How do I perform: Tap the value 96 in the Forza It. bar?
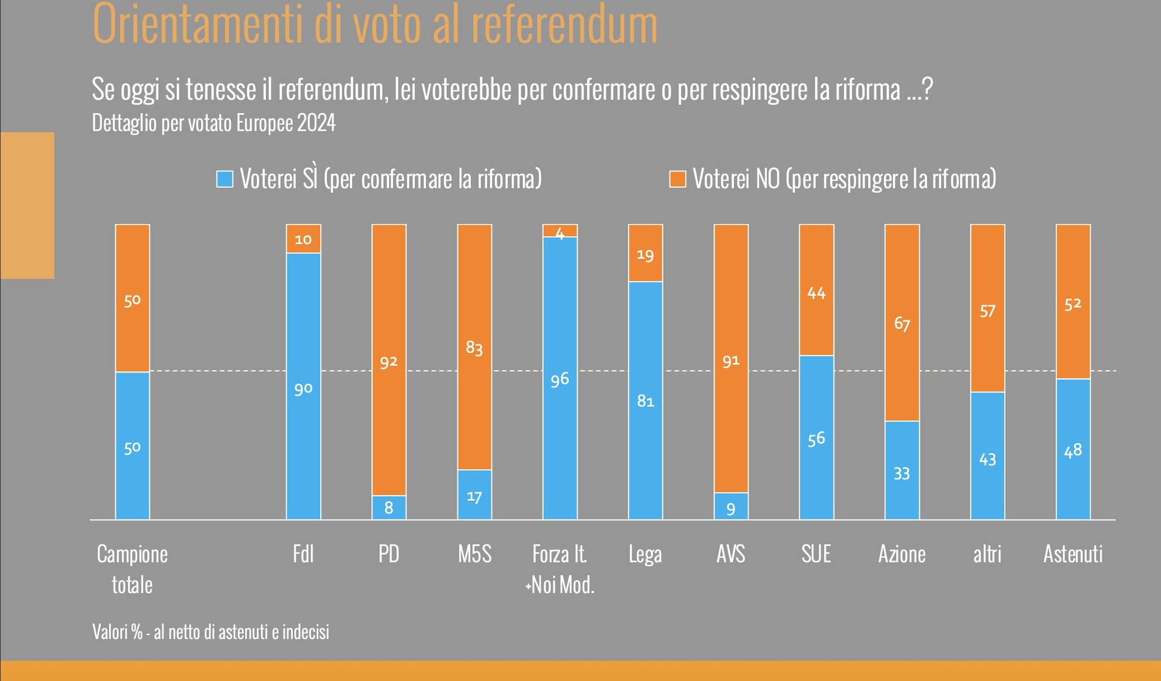click(x=560, y=379)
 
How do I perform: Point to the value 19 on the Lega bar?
click(x=645, y=255)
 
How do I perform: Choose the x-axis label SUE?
click(x=816, y=554)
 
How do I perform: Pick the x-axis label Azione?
click(x=901, y=554)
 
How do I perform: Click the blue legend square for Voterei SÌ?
click(x=225, y=179)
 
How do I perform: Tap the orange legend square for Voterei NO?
click(x=677, y=179)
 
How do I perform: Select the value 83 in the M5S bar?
click(x=474, y=348)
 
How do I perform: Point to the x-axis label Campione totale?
click(x=132, y=569)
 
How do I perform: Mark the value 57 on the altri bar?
click(x=987, y=311)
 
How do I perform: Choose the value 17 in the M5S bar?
click(x=474, y=497)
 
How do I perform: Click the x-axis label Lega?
click(x=645, y=554)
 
